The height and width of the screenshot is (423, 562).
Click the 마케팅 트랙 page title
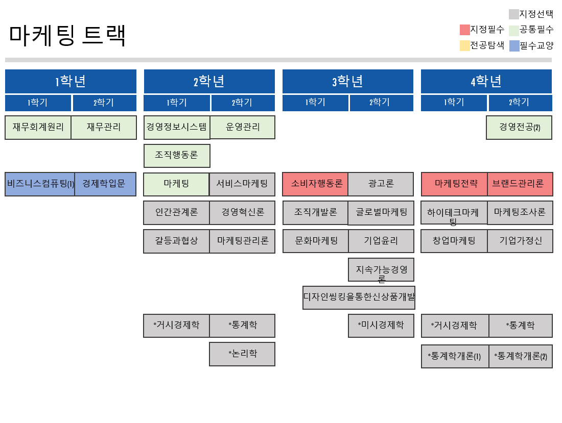point(67,35)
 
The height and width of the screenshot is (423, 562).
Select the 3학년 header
point(347,81)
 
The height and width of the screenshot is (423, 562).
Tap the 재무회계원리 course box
point(38,127)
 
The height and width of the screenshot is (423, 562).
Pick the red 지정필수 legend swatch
point(464,30)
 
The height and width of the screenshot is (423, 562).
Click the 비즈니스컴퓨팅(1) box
point(40,184)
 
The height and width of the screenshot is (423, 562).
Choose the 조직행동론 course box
point(177,156)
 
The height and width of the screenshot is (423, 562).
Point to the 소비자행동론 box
point(315,184)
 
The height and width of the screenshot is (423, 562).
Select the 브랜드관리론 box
point(520,184)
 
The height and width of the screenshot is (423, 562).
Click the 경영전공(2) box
point(519,127)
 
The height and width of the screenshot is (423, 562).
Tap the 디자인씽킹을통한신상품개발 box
point(359,297)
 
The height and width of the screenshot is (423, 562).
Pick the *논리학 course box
point(242,354)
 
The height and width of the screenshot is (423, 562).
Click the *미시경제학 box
point(381,326)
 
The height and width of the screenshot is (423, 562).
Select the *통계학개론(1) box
point(455,356)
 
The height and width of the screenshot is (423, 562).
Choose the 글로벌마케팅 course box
point(381,213)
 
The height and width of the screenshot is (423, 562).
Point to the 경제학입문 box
point(105,184)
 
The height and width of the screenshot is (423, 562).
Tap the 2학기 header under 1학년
point(105,103)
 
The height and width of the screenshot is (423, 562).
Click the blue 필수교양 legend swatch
point(514,46)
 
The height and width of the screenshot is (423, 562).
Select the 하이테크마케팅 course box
point(454,213)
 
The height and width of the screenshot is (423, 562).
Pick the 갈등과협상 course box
point(176,241)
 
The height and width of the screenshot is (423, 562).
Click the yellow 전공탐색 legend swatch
point(464,46)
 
